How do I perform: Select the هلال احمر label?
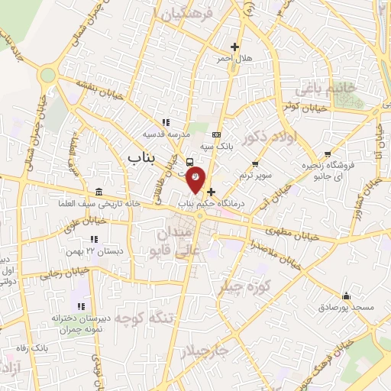234,58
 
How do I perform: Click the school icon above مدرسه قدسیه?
165,122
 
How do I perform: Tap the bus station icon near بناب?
189,161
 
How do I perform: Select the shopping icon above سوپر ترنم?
256,163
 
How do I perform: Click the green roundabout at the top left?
49,76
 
